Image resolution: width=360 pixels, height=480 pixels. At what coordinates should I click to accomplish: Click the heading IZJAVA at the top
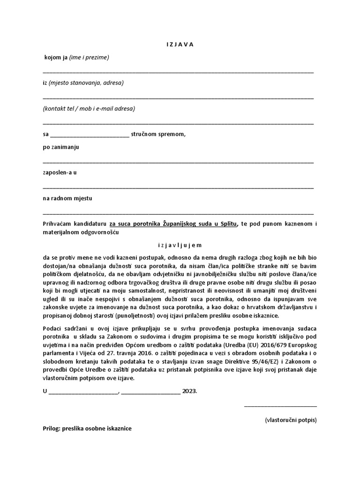tap(180, 45)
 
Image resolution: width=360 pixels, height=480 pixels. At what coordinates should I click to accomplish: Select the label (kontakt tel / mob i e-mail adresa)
tap(89, 109)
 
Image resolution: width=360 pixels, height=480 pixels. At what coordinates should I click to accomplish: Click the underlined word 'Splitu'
tap(229, 224)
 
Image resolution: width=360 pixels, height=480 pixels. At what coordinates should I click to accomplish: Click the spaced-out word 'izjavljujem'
tap(180, 245)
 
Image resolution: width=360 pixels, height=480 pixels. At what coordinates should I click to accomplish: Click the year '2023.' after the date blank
tap(190, 390)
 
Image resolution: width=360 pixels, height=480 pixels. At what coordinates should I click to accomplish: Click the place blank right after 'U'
tap(83, 391)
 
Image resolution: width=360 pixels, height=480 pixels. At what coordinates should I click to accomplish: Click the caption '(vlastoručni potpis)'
tap(291, 420)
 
